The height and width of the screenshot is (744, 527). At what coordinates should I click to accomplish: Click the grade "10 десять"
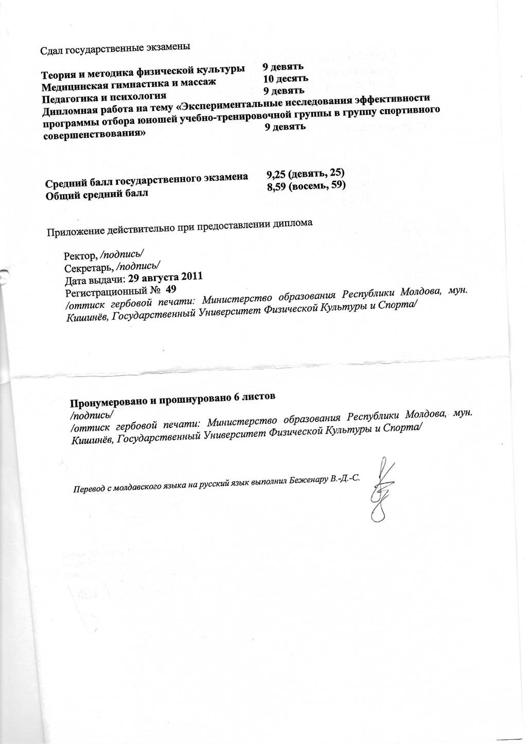click(x=285, y=79)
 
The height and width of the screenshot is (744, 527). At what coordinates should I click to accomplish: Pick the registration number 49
click(x=171, y=289)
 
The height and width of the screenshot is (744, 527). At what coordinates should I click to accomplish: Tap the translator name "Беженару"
click(x=307, y=479)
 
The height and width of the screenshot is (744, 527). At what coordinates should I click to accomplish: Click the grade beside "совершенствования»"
click(x=285, y=126)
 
